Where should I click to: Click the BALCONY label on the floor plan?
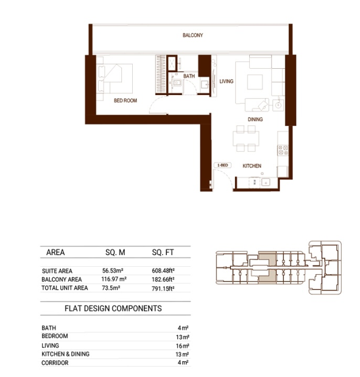[192, 35]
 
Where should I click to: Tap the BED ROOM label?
[125, 100]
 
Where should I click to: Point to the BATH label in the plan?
[189, 76]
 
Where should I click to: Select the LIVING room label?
[226, 81]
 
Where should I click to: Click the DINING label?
[255, 119]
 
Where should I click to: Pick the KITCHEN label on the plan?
[252, 166]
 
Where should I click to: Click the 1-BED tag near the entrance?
[222, 165]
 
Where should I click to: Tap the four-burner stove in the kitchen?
[283, 150]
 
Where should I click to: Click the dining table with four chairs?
[245, 138]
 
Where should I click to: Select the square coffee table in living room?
[255, 82]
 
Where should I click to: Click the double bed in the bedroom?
[115, 79]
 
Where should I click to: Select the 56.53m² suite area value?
[113, 270]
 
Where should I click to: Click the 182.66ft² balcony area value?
[163, 280]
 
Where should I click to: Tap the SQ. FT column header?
[163, 252]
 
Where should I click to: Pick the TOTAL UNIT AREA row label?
[65, 288]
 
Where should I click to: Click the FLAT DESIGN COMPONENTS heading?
[113, 308]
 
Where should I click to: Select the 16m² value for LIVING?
[183, 346]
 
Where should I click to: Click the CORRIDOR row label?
[55, 362]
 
